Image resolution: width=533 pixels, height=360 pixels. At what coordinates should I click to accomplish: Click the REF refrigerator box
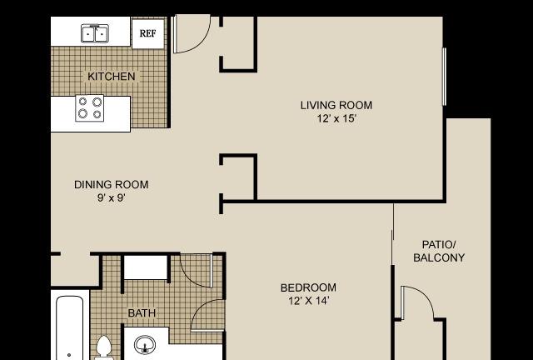[x=148, y=33]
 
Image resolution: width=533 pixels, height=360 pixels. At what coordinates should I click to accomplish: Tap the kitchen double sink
[x=95, y=33]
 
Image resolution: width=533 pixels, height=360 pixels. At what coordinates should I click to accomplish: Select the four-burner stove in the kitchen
[x=90, y=107]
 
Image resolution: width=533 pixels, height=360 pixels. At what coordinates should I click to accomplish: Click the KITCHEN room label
[x=111, y=76]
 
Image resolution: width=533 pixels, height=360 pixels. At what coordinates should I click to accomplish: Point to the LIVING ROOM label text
[x=336, y=105]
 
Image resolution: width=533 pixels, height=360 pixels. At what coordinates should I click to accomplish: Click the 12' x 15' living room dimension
[x=336, y=119]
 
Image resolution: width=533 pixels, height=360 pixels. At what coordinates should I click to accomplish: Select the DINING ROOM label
[x=111, y=184]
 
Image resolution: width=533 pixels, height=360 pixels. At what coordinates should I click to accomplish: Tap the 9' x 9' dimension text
[x=112, y=197]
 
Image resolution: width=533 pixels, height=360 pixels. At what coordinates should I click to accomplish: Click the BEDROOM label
[x=308, y=287]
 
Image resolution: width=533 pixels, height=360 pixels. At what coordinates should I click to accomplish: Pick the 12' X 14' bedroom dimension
[x=308, y=301]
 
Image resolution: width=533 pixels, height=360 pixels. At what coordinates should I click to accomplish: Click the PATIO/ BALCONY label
[x=439, y=251]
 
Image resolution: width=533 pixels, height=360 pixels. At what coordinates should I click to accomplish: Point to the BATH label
[x=142, y=313]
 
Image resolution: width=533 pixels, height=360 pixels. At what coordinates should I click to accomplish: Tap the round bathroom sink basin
[x=145, y=344]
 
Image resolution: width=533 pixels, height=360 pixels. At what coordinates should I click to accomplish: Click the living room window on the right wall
[x=444, y=77]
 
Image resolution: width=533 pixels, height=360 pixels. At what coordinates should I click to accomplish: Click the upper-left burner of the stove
[x=82, y=101]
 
